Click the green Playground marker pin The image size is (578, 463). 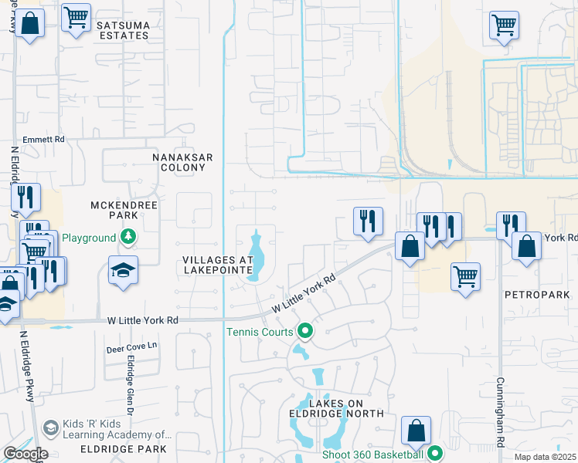[x=128, y=237]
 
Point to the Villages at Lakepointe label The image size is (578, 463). [x=218, y=265]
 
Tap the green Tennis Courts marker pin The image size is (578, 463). [x=305, y=332]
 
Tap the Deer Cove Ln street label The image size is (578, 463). [x=131, y=348]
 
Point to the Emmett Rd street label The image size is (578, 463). [x=44, y=140]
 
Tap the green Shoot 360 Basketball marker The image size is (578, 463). [x=434, y=453]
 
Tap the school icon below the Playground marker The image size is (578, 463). [x=123, y=270]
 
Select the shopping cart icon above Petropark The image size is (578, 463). [x=465, y=275]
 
